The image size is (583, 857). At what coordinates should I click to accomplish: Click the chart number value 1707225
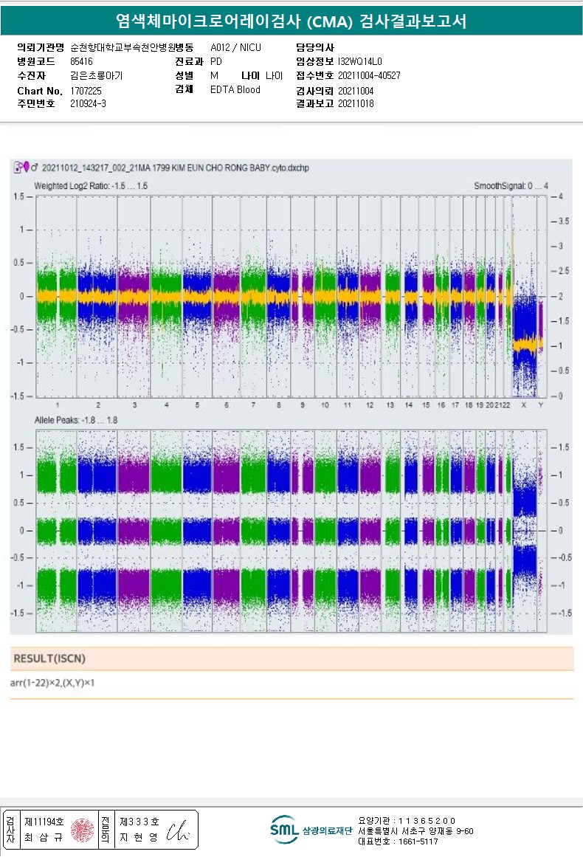pos(86,90)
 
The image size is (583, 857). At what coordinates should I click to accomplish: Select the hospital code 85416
pos(81,61)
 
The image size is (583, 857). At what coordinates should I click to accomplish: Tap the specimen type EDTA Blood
pos(235,90)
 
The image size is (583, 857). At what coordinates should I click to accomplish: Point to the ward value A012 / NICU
pos(235,47)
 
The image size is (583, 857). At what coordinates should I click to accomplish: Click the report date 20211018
pos(356,104)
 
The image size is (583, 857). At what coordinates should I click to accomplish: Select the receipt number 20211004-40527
pos(369,75)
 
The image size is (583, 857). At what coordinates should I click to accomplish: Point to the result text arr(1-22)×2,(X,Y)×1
pos(52,683)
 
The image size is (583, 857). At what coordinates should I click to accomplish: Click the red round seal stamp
pos(83,830)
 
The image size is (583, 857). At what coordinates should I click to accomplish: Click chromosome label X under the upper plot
pos(523,405)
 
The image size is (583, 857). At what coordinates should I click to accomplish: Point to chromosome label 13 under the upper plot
pos(390,405)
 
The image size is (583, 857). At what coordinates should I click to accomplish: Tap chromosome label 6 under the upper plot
pos(226,405)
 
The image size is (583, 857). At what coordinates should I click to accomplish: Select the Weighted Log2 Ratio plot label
pos(91,186)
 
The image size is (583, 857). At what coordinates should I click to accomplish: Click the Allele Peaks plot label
pos(76,420)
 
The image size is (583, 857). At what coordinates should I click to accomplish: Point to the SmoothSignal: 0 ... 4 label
pos(511,186)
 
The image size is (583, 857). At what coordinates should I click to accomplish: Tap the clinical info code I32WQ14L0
pos(360,61)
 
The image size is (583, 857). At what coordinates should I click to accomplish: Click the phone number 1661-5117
pos(418,841)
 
